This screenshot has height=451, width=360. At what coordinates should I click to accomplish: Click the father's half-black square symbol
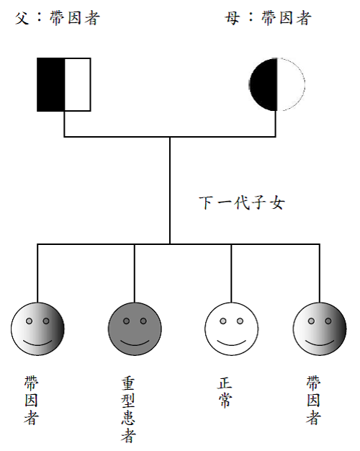(64, 84)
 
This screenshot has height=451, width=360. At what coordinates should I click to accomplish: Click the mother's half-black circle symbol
(277, 84)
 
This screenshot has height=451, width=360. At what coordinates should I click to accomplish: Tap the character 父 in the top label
(22, 18)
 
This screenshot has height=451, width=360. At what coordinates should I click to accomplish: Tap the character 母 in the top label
(233, 18)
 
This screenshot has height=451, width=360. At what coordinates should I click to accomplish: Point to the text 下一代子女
(242, 202)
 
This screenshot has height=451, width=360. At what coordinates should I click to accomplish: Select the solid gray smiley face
(135, 329)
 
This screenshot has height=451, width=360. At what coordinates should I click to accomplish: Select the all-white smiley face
(231, 329)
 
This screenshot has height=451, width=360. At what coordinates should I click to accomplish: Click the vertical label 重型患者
(128, 410)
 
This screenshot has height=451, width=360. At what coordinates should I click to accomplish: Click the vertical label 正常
(225, 392)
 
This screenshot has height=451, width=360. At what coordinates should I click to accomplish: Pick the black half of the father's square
(51, 84)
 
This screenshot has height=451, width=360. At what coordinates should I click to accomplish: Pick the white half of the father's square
(78, 84)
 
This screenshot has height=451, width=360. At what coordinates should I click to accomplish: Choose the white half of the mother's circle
(291, 84)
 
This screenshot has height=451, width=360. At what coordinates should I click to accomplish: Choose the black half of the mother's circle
(263, 84)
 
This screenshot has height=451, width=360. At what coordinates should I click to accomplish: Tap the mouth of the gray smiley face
(135, 343)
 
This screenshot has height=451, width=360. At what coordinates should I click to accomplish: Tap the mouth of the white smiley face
(231, 343)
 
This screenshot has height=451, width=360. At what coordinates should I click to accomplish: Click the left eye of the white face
(223, 321)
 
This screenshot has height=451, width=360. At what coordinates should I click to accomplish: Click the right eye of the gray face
(143, 321)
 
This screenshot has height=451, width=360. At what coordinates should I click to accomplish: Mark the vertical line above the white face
(231, 273)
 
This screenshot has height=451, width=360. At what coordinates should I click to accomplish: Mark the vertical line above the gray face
(135, 273)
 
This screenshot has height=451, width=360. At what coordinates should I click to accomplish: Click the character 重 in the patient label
(128, 383)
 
